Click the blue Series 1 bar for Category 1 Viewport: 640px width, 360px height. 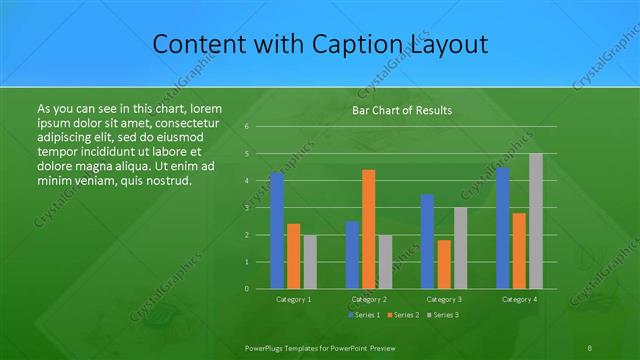277,230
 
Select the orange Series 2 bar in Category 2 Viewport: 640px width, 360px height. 368,229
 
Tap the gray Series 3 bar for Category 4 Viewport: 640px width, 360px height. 536,221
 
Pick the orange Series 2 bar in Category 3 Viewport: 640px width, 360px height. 443,264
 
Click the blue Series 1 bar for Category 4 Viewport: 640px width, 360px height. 503,228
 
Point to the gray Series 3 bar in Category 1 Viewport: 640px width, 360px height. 310,262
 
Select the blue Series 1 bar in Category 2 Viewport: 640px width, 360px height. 352,255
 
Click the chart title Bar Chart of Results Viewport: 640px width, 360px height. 402,111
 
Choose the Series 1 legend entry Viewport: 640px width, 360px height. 365,315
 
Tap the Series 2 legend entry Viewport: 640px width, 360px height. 402,315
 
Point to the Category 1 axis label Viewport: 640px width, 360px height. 293,299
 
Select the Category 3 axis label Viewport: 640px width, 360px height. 444,299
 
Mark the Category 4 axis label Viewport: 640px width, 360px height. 519,299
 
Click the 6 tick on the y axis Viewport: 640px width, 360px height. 246,127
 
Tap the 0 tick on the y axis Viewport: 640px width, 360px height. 246,288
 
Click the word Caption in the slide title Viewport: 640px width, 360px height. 363,45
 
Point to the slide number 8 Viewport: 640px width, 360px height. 592,345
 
